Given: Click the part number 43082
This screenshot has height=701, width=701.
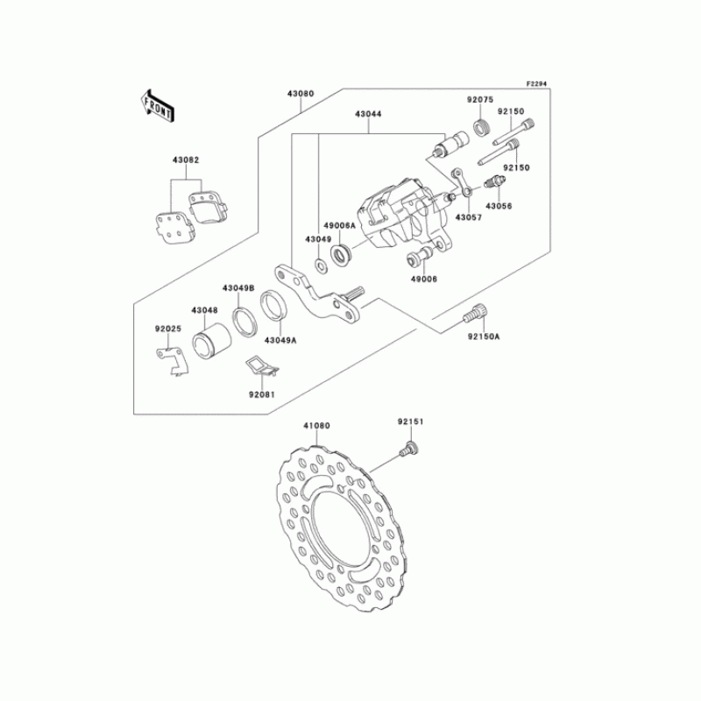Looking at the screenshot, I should tap(186, 160).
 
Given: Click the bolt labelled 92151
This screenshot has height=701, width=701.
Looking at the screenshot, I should tap(408, 450).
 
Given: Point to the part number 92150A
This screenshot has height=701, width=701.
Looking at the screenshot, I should tap(483, 336).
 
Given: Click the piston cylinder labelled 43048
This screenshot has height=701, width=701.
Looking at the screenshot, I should tap(210, 337).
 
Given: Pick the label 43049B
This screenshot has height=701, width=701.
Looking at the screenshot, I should tap(237, 288).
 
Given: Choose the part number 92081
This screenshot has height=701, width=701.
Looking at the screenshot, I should tap(261, 394).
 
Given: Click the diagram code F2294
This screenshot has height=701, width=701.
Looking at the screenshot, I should tap(536, 84).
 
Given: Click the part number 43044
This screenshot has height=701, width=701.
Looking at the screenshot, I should tap(368, 114).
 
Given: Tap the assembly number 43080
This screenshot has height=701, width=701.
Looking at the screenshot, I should tap(300, 91).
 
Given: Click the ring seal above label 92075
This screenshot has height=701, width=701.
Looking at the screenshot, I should tap(481, 129).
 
